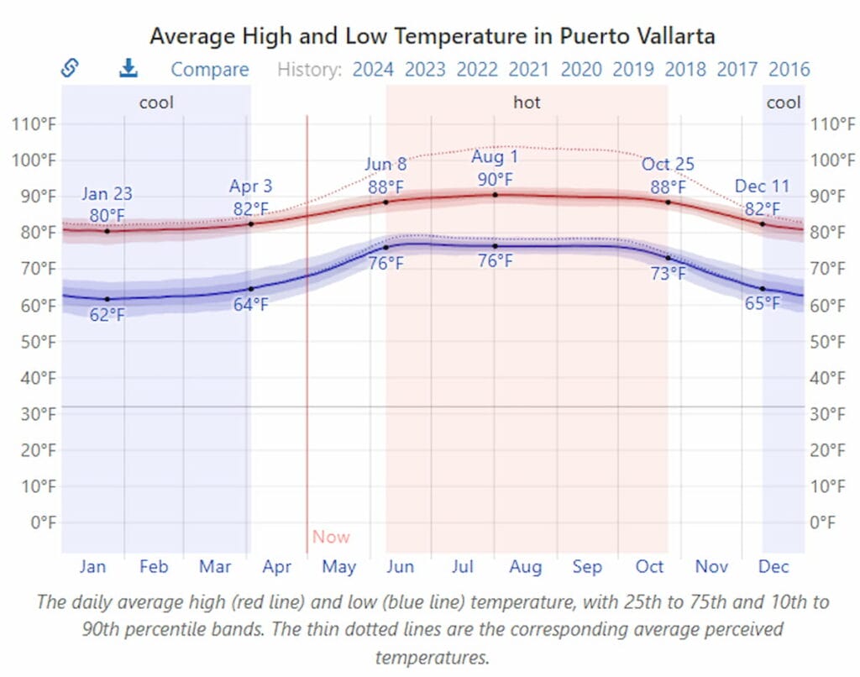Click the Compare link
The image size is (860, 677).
click(x=210, y=70)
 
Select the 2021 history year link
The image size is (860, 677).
click(x=529, y=70)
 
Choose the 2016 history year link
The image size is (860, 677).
click(x=789, y=70)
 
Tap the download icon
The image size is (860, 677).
click(x=128, y=69)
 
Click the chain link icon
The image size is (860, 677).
click(x=71, y=69)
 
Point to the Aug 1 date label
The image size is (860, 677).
click(x=495, y=157)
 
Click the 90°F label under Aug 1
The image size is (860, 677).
click(x=495, y=180)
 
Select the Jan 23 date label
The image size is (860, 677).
click(x=107, y=195)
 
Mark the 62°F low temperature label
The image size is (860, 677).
click(x=107, y=316)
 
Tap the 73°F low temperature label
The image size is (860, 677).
click(x=669, y=273)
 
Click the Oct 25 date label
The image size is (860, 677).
click(x=669, y=165)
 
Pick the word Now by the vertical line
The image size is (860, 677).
click(x=331, y=537)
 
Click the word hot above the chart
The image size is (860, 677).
click(x=527, y=102)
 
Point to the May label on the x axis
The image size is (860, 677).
click(x=338, y=567)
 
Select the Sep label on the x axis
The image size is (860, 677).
click(x=587, y=567)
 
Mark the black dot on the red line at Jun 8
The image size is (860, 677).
click(x=386, y=202)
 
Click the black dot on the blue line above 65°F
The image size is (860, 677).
click(x=763, y=289)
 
